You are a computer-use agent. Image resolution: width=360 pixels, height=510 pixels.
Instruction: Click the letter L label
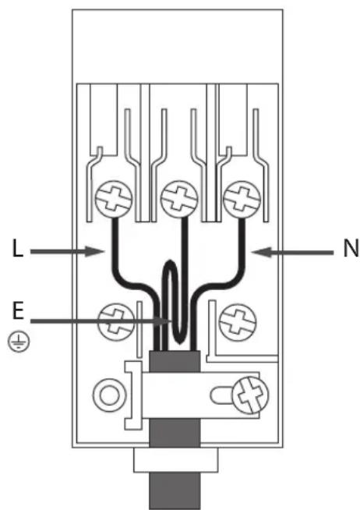18,248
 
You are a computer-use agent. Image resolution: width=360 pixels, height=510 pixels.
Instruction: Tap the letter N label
350,248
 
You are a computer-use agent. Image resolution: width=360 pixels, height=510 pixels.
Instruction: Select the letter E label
18,310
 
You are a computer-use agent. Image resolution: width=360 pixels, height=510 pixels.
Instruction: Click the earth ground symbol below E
19,342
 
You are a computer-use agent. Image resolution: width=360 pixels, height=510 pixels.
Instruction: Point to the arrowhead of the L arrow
95,251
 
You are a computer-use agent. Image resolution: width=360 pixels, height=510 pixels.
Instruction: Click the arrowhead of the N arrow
262,252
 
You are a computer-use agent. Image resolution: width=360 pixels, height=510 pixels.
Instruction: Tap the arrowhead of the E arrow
165,321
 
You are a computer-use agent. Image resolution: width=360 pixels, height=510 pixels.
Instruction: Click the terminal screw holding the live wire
114,199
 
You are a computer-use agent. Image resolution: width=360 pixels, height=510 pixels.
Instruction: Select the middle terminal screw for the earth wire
179,199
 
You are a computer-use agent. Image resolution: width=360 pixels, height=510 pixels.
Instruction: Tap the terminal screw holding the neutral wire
242,199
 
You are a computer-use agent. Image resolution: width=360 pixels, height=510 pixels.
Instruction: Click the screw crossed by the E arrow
116,322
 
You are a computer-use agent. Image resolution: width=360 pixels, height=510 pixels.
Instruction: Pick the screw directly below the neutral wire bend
238,322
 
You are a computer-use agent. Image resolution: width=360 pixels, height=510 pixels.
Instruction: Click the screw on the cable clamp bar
250,395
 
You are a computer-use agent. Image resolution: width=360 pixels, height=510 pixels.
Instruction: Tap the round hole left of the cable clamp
110,395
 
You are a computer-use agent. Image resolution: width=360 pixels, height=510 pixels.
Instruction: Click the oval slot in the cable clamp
221,395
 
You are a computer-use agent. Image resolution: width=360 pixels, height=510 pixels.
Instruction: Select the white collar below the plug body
176,460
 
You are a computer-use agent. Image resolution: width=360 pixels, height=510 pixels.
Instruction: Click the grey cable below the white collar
175,491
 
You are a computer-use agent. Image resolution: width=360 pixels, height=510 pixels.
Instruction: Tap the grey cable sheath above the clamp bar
175,361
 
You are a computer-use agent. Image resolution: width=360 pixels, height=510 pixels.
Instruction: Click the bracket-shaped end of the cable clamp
132,395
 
